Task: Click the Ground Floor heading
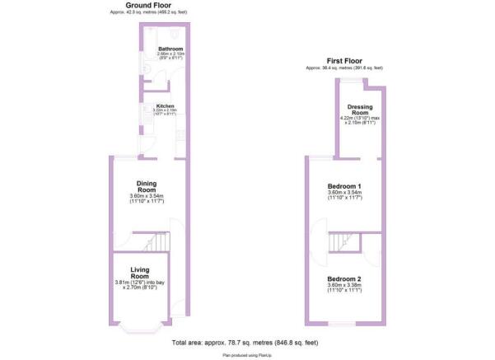click(x=147, y=5)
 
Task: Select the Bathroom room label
click(x=171, y=50)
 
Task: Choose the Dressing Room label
click(x=361, y=110)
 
